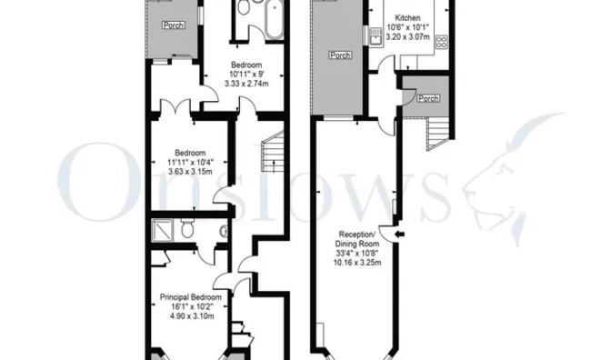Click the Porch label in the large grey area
pyautogui.click(x=340, y=55)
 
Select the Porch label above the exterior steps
pyautogui.click(x=427, y=98)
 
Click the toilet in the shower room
pyautogui.click(x=186, y=229)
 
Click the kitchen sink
pyautogui.click(x=374, y=36)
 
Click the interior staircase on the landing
pyautogui.click(x=271, y=155)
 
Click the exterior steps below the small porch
pyautogui.click(x=438, y=135)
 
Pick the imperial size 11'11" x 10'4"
pyautogui.click(x=190, y=161)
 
